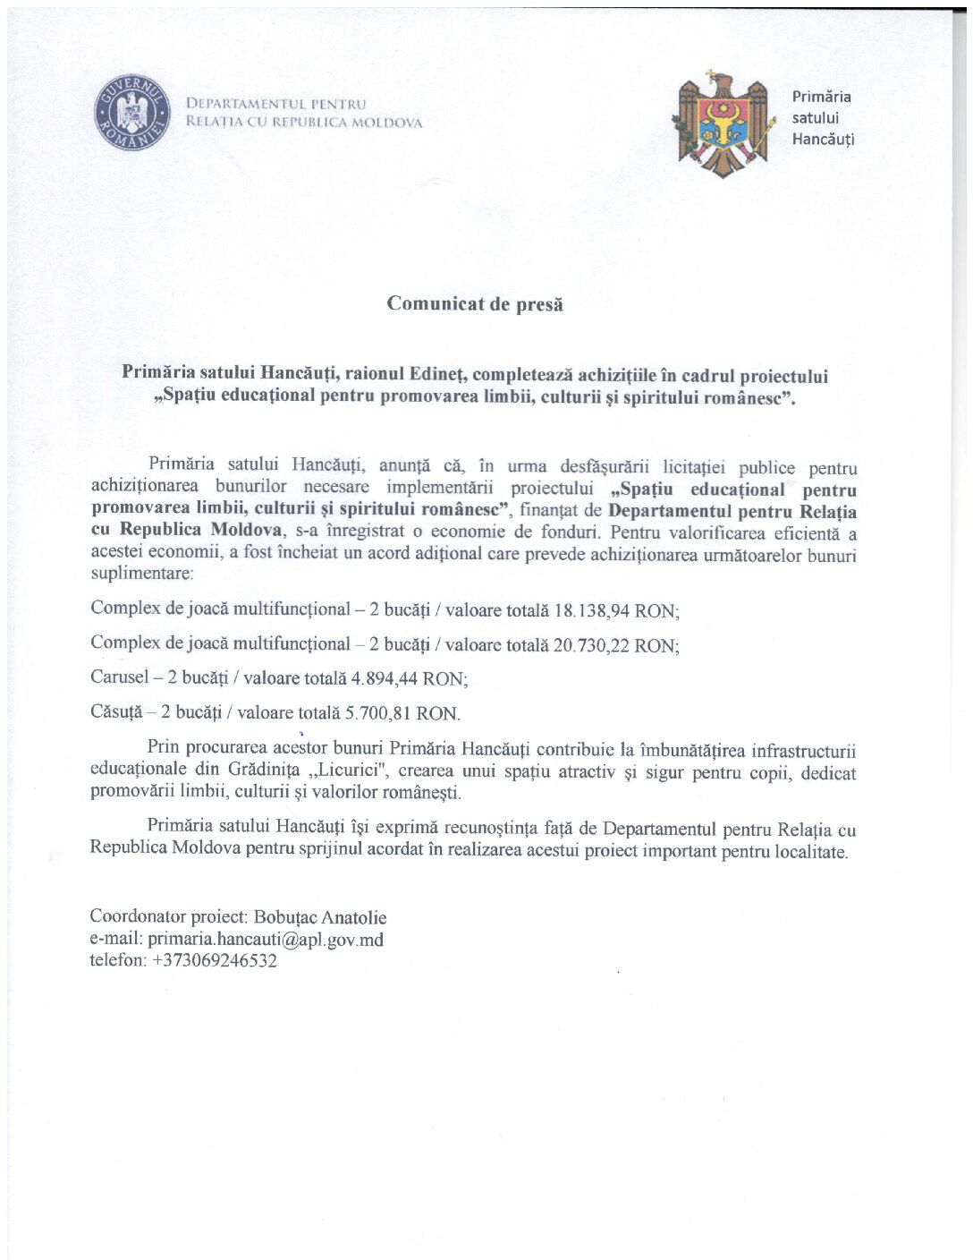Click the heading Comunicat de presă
tap(475, 303)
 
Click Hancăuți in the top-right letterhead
tap(823, 140)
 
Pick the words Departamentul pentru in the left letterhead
tap(276, 104)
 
